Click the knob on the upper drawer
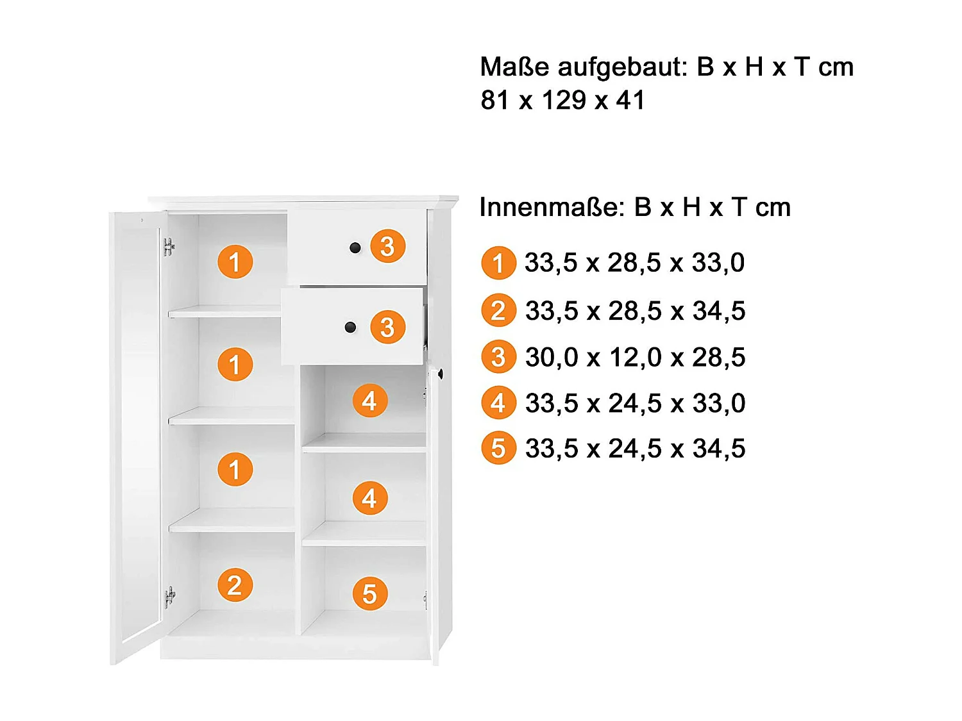(355, 248)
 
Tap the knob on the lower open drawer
(350, 327)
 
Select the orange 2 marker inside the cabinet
(235, 585)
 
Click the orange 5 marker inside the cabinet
(370, 593)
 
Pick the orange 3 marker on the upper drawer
(387, 246)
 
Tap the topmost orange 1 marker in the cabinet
(235, 261)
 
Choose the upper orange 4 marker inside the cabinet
(369, 401)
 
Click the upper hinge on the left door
(169, 247)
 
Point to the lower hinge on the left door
(169, 597)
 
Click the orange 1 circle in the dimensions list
(498, 263)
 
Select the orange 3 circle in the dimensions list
(498, 358)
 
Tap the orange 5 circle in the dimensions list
(498, 449)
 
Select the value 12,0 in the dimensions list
(635, 358)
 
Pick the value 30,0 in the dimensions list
(552, 358)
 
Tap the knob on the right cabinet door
(441, 373)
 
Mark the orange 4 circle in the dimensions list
(498, 403)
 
